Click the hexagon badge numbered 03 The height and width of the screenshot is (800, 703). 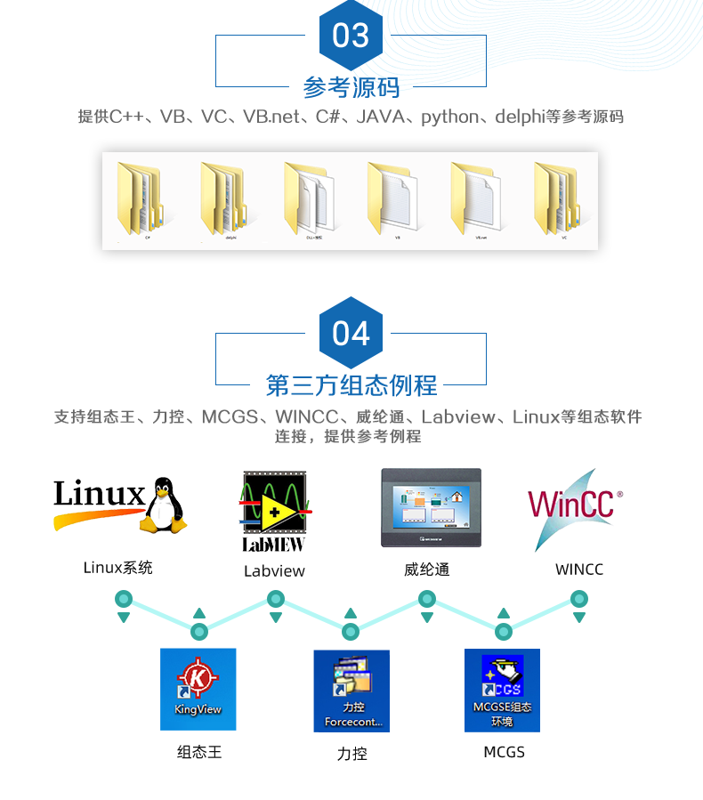click(x=351, y=36)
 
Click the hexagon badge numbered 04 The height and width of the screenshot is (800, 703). click(x=351, y=333)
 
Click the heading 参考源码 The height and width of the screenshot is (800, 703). click(x=351, y=87)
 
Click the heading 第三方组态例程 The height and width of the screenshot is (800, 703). click(x=351, y=384)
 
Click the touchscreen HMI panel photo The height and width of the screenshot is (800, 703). click(x=431, y=507)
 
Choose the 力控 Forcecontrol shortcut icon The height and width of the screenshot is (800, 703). click(x=351, y=691)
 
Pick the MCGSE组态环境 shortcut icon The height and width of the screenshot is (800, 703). click(x=502, y=690)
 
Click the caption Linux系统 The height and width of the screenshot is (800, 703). click(x=118, y=568)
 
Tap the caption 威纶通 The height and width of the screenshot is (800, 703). click(x=427, y=570)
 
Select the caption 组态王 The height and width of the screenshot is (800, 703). click(x=199, y=753)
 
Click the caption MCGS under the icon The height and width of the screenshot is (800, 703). click(x=505, y=753)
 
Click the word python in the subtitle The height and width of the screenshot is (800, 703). click(x=449, y=117)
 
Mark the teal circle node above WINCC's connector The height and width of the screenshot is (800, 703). click(x=579, y=600)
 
